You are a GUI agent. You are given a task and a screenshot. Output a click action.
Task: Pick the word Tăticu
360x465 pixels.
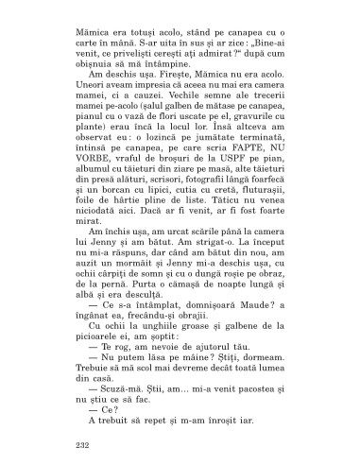pos(233,224)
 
